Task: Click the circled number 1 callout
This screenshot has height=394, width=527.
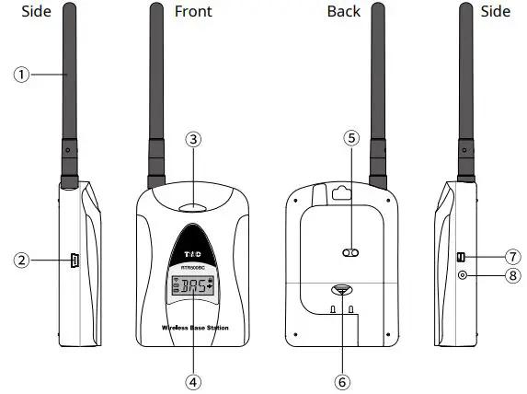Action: pos(20,75)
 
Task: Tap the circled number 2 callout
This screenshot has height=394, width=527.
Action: pos(20,261)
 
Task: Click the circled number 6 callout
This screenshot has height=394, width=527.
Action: pos(341,379)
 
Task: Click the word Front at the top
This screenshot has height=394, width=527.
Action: pos(192,12)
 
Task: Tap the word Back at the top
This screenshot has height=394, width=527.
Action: pos(344,12)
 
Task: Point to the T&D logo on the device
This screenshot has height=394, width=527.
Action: pos(191,252)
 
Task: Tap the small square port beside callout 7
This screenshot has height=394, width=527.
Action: pos(462,256)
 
